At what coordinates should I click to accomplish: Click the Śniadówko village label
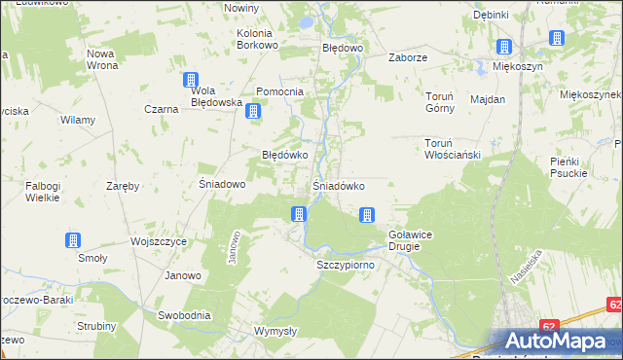point(338,185)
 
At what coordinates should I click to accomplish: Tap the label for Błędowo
point(343,47)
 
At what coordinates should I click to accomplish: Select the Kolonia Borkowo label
point(258,39)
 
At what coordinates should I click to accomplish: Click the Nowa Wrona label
point(102,59)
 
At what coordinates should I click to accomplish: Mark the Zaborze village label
point(409,57)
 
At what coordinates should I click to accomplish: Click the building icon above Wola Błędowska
point(191,82)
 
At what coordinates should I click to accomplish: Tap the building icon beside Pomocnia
point(253,111)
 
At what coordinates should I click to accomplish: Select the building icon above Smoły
point(73,240)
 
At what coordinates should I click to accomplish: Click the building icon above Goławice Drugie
point(367,215)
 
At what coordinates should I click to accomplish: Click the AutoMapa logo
point(559,341)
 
